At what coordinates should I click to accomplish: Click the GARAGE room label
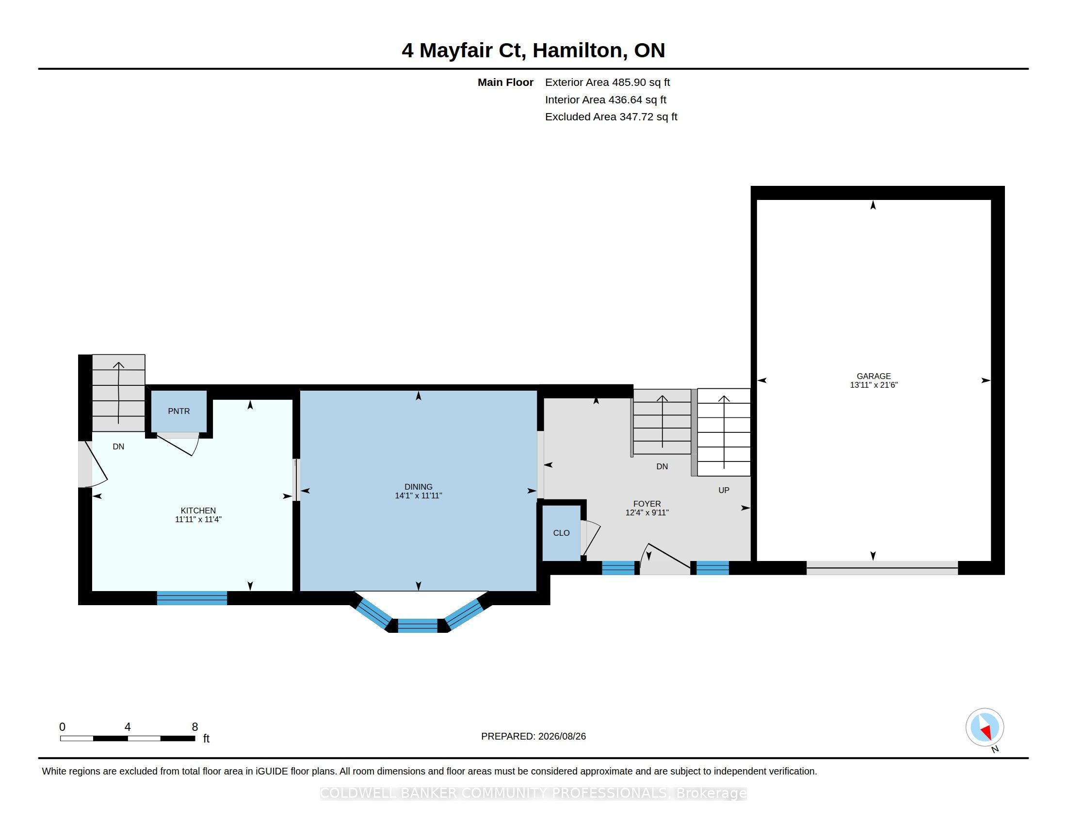click(x=873, y=376)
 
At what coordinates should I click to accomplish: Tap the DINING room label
click(x=418, y=487)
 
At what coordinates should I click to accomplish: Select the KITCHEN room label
click(x=198, y=511)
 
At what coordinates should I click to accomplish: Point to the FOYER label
click(x=647, y=504)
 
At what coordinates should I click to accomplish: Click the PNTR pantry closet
click(x=179, y=411)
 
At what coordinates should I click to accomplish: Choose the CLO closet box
click(x=561, y=533)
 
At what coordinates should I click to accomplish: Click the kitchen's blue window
click(x=192, y=598)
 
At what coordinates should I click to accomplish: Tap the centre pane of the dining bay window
click(x=418, y=626)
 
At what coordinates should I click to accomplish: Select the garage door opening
click(x=882, y=568)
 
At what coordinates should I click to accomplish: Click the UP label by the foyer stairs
click(x=724, y=490)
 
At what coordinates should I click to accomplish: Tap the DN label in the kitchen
click(x=118, y=446)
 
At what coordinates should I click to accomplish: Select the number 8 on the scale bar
click(x=195, y=727)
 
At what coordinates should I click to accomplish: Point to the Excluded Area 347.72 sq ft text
click(x=611, y=117)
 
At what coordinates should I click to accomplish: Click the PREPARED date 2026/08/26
click(x=562, y=736)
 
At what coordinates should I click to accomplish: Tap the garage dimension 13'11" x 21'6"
click(x=873, y=385)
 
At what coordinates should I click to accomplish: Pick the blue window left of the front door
click(x=618, y=568)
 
